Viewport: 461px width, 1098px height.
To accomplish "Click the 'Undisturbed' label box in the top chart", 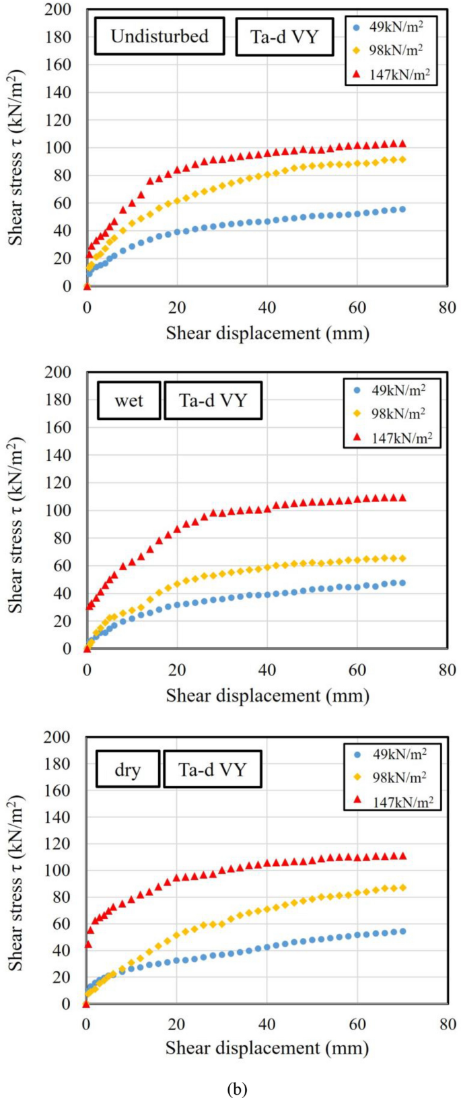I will tap(159, 36).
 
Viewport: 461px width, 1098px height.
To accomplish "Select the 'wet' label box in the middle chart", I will tap(129, 401).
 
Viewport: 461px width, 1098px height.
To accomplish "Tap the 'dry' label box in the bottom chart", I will tap(127, 769).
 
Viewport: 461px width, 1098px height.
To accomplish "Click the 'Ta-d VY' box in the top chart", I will tap(284, 36).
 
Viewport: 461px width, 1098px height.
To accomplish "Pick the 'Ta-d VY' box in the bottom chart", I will tap(213, 769).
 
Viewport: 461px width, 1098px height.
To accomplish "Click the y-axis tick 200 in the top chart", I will tap(58, 9).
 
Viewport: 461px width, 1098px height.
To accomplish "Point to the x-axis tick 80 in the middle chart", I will tap(448, 670).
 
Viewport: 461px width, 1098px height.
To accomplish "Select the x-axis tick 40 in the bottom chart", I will tap(267, 1025).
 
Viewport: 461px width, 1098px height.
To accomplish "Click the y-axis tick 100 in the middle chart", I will tap(58, 511).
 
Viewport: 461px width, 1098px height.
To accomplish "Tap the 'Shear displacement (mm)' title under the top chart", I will tap(267, 332).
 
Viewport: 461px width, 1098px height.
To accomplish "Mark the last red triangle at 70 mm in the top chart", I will tap(402, 143).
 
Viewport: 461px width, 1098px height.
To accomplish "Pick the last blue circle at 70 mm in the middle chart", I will tap(402, 583).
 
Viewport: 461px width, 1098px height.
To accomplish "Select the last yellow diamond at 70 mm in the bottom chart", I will tap(402, 887).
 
